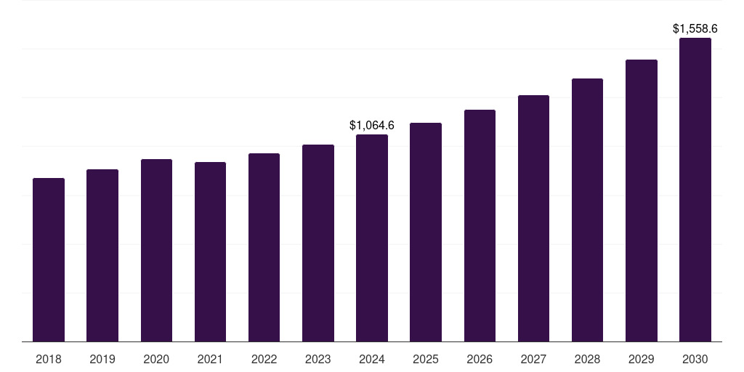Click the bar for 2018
(49, 260)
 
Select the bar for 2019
(102, 256)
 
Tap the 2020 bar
(157, 251)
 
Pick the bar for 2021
(210, 252)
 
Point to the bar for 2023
(318, 243)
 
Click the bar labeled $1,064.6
(372, 238)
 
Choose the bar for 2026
(480, 226)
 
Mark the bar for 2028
(587, 210)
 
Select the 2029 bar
(642, 201)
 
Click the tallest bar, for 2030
(695, 190)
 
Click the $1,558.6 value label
(695, 29)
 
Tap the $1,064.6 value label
(372, 125)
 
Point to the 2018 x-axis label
(49, 359)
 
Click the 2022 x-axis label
(264, 359)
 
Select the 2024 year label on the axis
(372, 359)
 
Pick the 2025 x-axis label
(426, 359)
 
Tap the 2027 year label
(533, 359)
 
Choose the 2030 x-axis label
(695, 359)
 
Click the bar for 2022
(264, 248)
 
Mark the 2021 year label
(210, 359)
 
